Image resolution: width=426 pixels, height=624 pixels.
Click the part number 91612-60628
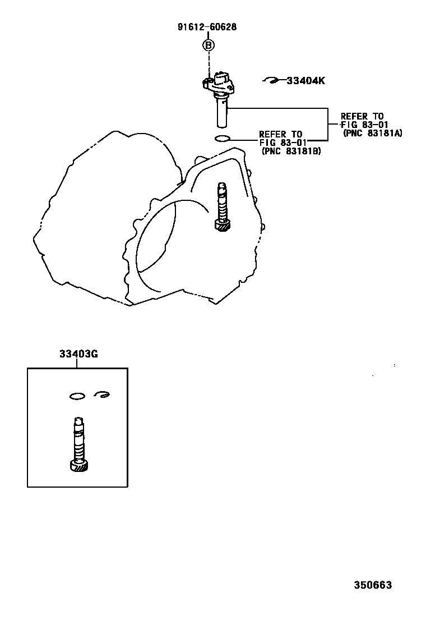[x=207, y=27]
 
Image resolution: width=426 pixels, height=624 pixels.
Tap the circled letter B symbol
[x=208, y=45]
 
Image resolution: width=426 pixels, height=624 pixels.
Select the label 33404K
[x=305, y=81]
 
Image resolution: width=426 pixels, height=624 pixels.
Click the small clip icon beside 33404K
[x=271, y=81]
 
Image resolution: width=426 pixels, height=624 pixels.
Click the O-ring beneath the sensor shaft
[x=222, y=139]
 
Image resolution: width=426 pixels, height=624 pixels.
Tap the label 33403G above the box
[x=78, y=354]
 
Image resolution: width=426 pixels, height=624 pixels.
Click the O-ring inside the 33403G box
[x=77, y=397]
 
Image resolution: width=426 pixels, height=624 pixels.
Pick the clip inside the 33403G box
[x=101, y=395]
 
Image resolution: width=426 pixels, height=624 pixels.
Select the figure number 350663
[x=372, y=585]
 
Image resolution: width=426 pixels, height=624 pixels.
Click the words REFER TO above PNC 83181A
[x=362, y=117]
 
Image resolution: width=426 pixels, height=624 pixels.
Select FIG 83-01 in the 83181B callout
[x=281, y=143]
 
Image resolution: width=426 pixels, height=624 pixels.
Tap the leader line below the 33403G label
[x=78, y=363]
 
